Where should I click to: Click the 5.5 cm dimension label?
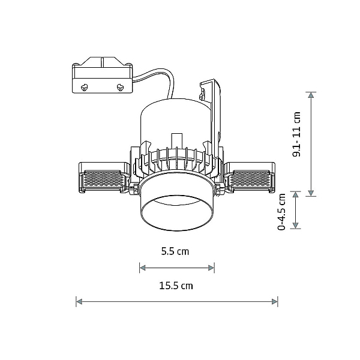(x=175, y=251)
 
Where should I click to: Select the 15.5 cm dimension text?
(x=176, y=286)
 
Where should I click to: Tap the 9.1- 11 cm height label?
(x=296, y=134)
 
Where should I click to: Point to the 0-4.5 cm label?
(x=281, y=212)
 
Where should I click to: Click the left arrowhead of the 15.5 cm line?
(x=79, y=302)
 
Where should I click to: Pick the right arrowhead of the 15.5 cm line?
(x=275, y=302)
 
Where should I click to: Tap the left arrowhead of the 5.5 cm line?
(x=143, y=268)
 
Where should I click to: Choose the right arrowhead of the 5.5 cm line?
(x=211, y=268)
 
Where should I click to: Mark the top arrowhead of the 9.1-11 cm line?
(x=311, y=95)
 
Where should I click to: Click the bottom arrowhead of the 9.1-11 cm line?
(x=311, y=193)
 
